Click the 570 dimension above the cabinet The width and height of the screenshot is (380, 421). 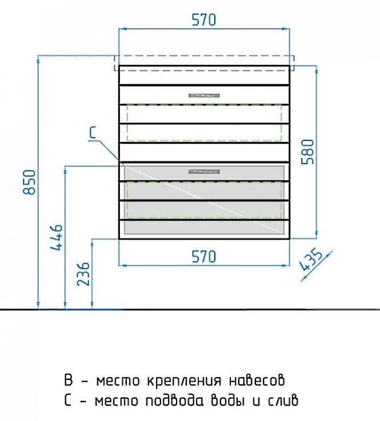[203, 20]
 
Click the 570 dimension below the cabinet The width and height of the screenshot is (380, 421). [203, 257]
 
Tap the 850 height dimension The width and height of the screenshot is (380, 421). [29, 182]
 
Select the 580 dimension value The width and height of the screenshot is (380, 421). [307, 152]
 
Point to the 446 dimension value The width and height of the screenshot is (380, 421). [57, 238]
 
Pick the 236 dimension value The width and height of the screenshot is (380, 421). [83, 274]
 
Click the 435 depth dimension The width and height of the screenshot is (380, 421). [311, 261]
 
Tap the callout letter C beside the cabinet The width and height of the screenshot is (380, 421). [92, 132]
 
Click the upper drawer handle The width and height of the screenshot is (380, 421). [204, 95]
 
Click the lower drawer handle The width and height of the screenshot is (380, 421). [204, 171]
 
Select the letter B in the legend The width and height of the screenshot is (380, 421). [69, 380]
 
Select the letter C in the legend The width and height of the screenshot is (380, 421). [68, 400]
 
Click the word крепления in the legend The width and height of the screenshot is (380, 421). [184, 380]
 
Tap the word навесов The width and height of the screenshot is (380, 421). [257, 380]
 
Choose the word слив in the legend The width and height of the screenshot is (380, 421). [283, 400]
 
